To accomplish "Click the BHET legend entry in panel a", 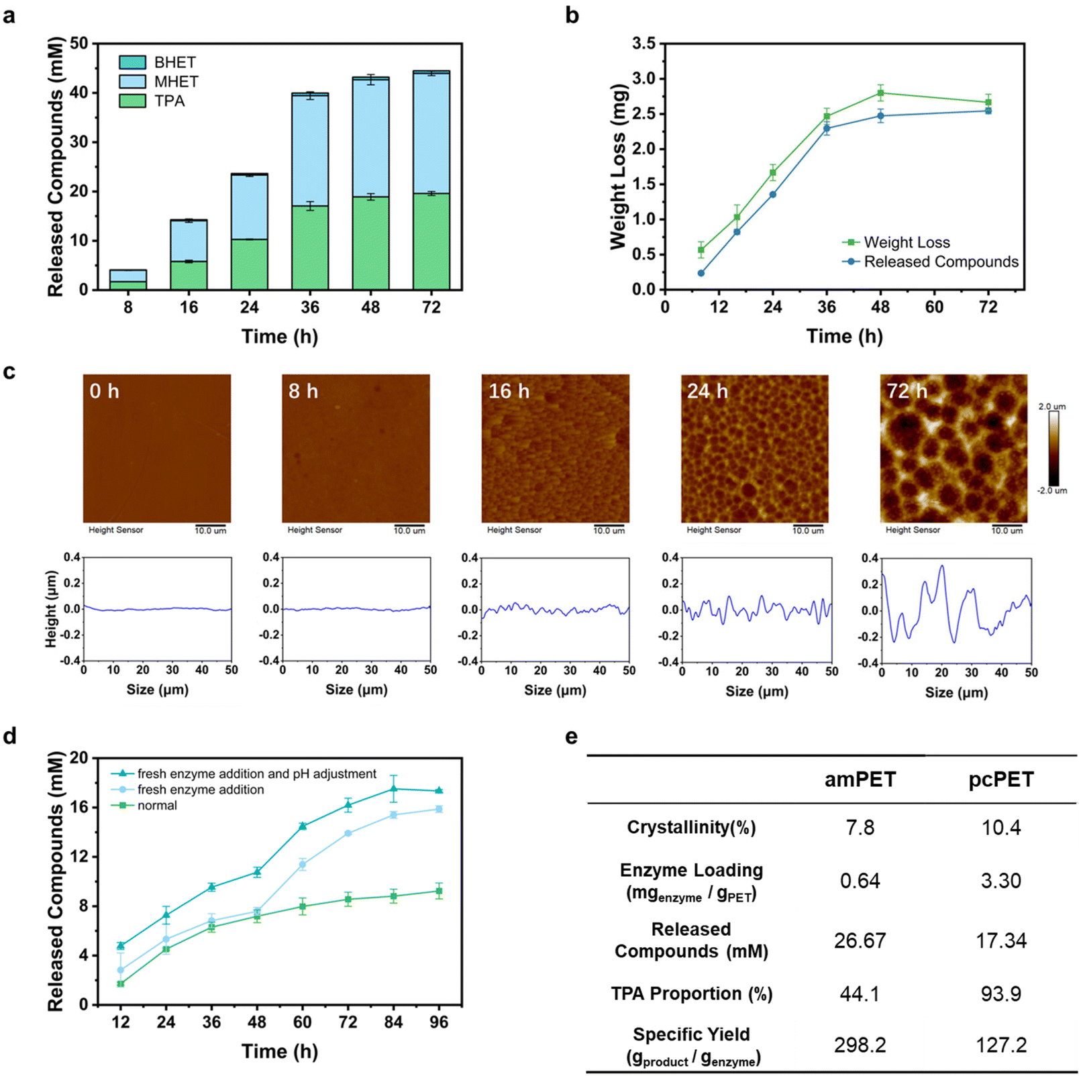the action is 158,62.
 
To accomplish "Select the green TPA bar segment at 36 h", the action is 310,248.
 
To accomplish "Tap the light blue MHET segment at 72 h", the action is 431,133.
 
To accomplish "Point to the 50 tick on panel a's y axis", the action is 79,44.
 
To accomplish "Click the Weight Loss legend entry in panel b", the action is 896,242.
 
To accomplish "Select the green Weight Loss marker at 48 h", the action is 880,93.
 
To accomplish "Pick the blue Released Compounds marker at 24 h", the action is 773,195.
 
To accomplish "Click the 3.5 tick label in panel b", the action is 644,44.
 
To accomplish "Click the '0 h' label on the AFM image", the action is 105,391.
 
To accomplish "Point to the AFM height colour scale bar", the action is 1054,447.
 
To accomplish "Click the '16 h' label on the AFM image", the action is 509,391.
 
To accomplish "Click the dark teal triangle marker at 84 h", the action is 393,789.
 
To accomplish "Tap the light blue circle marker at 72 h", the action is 348,833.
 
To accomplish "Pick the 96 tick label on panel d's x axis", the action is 439,1022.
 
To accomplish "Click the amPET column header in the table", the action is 860,779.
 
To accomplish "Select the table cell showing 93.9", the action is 1001,993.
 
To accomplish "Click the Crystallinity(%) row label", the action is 691,827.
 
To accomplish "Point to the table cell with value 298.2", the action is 860,1045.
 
